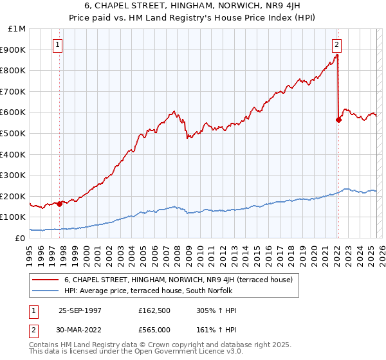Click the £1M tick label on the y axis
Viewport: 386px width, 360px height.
(x=17, y=29)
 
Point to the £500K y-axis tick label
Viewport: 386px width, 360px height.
(x=14, y=134)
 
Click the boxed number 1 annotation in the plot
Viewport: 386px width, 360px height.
(x=59, y=45)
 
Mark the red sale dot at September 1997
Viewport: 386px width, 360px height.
(x=60, y=204)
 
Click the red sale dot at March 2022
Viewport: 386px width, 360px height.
(x=338, y=120)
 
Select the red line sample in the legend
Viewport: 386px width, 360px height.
(x=45, y=280)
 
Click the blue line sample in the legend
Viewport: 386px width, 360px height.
(x=45, y=291)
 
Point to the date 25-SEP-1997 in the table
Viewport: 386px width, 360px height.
(x=80, y=310)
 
